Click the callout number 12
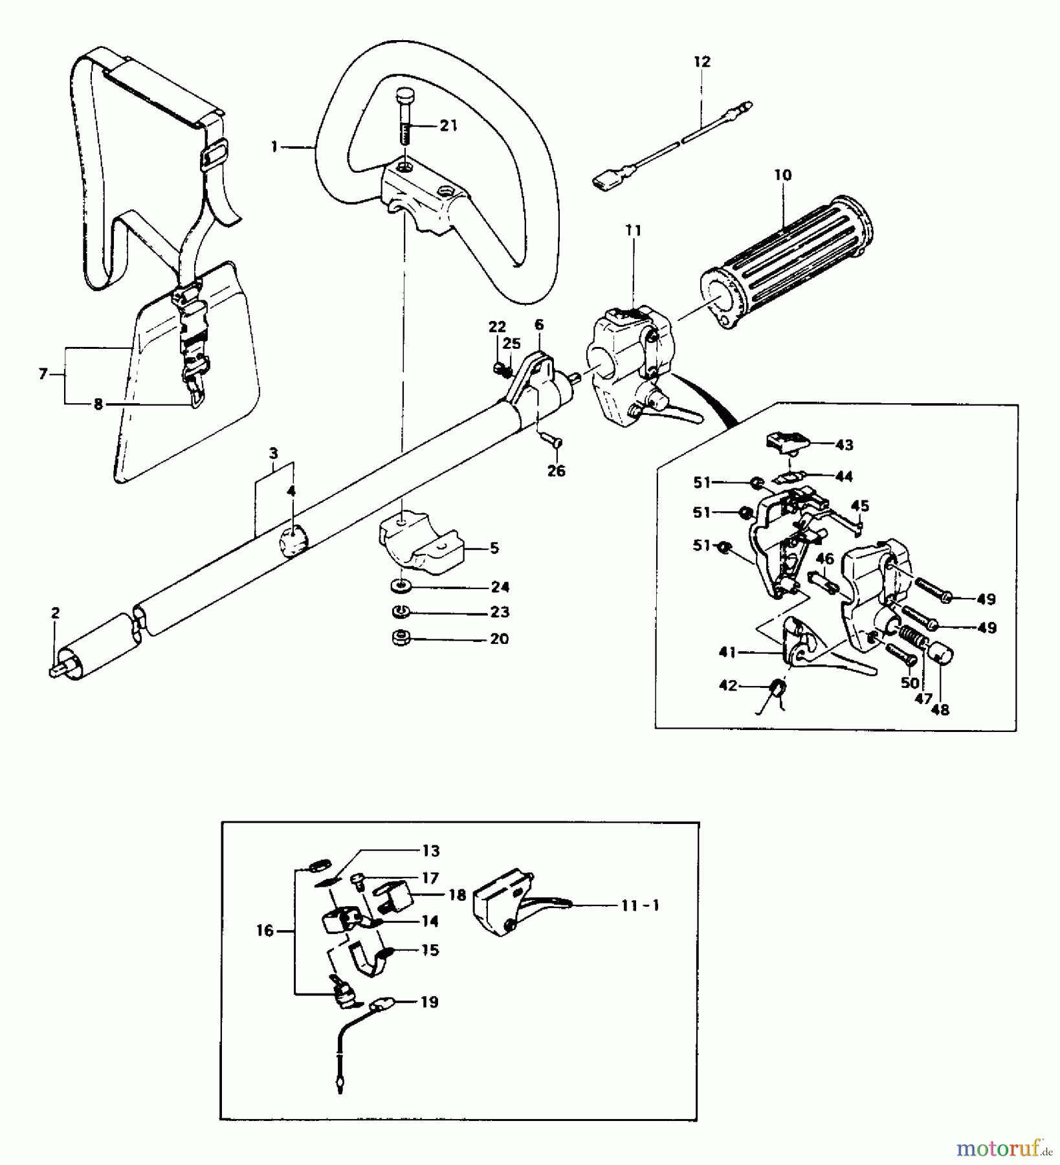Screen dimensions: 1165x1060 pos(701,62)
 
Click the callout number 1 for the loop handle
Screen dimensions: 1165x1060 pos(274,148)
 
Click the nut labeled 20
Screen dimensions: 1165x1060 pos(399,638)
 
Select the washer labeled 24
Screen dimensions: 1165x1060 pos(402,587)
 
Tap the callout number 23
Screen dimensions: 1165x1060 pos(500,612)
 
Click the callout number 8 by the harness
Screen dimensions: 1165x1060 pos(98,405)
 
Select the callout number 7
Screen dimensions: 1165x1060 pos(43,374)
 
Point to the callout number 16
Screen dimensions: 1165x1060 pos(266,931)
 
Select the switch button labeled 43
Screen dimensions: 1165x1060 pos(786,443)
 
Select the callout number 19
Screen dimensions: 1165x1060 pos(430,1003)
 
